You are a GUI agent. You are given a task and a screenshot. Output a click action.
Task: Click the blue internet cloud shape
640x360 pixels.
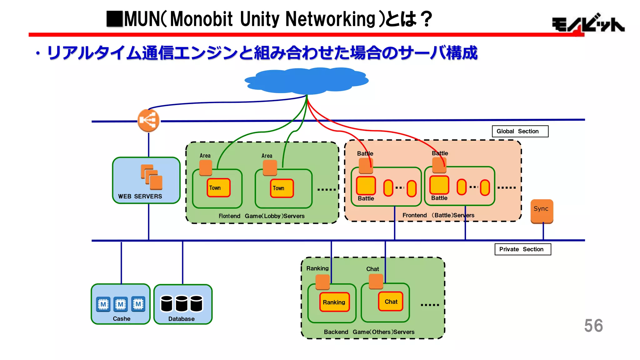click(x=306, y=81)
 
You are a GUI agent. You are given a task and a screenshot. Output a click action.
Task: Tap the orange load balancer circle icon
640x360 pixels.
click(x=148, y=120)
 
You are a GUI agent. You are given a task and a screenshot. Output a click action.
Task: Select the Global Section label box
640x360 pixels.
click(x=520, y=131)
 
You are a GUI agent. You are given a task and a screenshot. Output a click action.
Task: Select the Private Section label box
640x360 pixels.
click(x=522, y=249)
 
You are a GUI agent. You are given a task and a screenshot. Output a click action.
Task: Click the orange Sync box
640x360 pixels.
click(x=542, y=211)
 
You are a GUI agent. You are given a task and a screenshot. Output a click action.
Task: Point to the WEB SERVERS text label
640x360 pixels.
click(x=140, y=197)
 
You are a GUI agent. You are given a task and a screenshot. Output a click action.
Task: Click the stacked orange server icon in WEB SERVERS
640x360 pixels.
click(x=152, y=177)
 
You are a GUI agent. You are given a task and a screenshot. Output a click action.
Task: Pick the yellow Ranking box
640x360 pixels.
click(x=334, y=302)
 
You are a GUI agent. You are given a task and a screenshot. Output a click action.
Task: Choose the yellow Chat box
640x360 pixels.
click(x=391, y=302)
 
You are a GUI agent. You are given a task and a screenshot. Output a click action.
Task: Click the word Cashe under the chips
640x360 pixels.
click(x=122, y=319)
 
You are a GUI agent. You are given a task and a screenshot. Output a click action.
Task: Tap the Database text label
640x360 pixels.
click(x=181, y=319)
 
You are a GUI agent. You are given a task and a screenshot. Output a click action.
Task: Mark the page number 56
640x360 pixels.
click(x=593, y=326)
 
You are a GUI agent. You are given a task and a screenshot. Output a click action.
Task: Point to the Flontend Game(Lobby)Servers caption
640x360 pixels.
click(x=261, y=216)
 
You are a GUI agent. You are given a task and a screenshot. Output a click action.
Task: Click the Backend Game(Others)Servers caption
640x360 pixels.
click(x=369, y=332)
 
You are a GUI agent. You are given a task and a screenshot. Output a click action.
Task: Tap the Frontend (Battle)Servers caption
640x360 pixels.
click(x=438, y=215)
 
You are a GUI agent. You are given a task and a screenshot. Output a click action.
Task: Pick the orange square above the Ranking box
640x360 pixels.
click(x=322, y=282)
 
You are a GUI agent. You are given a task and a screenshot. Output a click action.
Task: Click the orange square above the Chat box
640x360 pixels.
click(x=376, y=281)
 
